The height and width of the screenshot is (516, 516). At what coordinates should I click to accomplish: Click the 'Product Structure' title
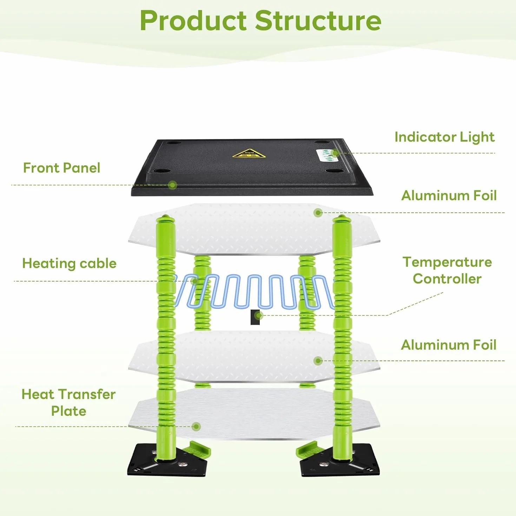point(260,21)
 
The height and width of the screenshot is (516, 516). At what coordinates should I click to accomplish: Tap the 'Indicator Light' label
point(444,137)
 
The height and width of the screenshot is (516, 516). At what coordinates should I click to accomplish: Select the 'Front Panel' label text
point(61,168)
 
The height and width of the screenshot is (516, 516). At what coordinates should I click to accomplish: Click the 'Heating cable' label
point(70,264)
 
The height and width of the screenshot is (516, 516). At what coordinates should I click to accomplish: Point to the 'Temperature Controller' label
point(447,270)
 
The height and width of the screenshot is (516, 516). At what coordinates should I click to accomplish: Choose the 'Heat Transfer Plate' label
point(68,403)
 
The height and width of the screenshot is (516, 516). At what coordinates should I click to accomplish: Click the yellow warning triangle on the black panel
point(249,153)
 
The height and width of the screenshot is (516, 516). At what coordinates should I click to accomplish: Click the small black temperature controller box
point(255,317)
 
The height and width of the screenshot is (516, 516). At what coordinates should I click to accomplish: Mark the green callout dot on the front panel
point(173,185)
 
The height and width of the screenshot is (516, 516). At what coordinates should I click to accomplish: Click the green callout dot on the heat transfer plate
point(197,426)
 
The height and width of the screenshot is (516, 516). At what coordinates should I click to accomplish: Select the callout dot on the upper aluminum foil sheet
point(318,213)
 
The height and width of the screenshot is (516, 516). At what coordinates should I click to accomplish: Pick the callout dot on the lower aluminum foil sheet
point(318,361)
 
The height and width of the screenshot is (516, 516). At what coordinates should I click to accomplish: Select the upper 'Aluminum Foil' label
point(449,196)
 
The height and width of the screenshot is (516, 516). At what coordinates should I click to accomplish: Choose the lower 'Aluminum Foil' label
point(449,345)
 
